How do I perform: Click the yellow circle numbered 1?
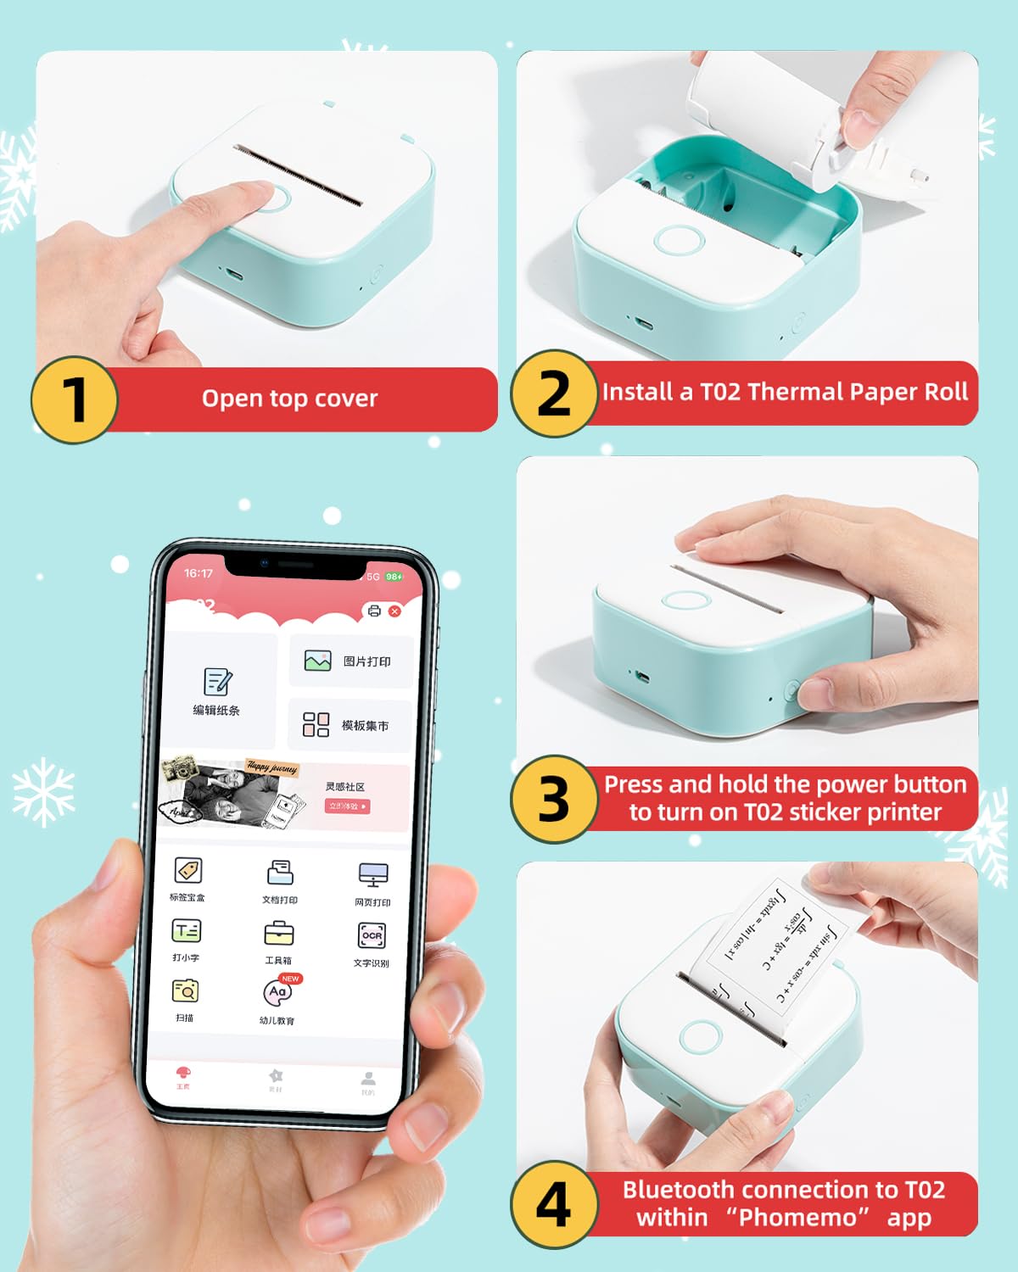(75, 399)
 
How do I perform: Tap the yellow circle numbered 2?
(554, 393)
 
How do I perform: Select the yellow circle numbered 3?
(554, 799)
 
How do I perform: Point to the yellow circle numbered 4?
(554, 1204)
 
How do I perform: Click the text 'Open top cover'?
(289, 399)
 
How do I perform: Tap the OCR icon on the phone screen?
(372, 935)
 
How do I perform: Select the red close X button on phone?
(394, 611)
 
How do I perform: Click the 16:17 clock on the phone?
(199, 573)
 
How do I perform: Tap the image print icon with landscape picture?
(317, 661)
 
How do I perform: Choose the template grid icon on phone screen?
(316, 724)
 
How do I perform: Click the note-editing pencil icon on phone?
(217, 682)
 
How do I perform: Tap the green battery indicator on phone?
(394, 577)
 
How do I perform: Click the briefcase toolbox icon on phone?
(278, 934)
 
